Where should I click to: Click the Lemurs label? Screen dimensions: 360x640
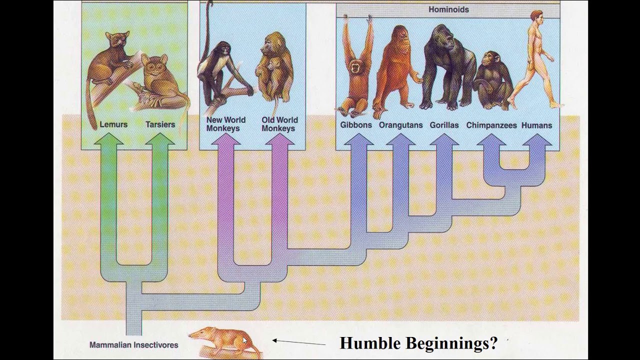point(113,124)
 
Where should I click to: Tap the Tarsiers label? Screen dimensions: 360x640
point(160,124)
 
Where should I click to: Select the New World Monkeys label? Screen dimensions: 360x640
point(226,124)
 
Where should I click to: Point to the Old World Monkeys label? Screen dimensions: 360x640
point(279,124)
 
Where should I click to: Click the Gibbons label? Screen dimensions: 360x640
point(356,125)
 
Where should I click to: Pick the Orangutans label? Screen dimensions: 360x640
point(400,125)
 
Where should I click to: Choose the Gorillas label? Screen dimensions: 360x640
point(444,125)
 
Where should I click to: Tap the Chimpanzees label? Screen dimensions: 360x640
point(491,125)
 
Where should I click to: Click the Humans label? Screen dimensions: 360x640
point(536,125)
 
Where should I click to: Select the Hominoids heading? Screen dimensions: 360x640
point(448,9)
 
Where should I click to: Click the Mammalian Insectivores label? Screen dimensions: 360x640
point(133,344)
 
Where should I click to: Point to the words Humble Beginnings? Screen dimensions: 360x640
point(418,343)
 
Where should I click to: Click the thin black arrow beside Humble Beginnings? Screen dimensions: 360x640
point(298,342)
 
